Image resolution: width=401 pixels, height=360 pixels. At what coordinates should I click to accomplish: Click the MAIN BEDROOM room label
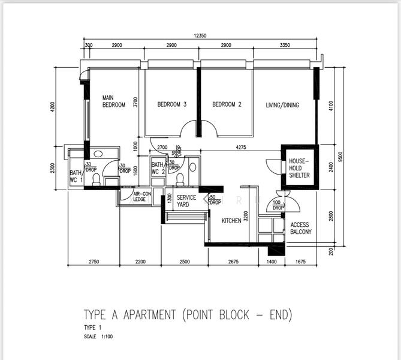click(x=113, y=101)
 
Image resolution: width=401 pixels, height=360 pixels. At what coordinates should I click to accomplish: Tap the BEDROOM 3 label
click(x=172, y=104)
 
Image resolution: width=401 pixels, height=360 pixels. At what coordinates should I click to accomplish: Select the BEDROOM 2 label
click(x=227, y=104)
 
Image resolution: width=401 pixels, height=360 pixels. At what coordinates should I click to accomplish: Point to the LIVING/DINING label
click(x=282, y=105)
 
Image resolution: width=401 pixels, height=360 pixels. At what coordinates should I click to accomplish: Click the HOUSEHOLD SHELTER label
click(x=299, y=168)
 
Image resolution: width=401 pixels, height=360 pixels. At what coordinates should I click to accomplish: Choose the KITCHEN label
click(x=231, y=221)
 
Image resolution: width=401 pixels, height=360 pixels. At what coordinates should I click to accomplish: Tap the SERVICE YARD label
click(x=186, y=201)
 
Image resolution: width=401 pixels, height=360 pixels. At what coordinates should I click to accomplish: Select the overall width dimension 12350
click(x=200, y=36)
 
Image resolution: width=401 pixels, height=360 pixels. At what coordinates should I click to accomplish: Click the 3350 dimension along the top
click(x=284, y=46)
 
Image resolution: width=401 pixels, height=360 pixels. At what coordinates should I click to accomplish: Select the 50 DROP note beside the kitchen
click(x=215, y=200)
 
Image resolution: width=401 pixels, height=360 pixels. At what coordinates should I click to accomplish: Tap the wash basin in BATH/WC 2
click(x=192, y=167)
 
